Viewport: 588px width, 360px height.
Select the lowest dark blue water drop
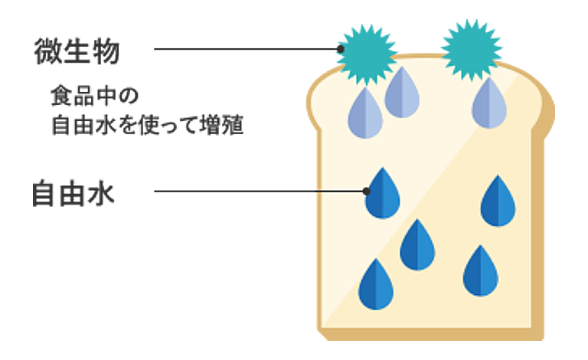(x=376, y=286)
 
